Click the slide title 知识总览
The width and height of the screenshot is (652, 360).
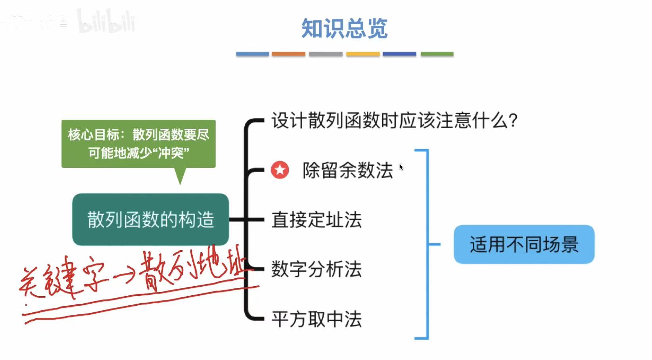tap(344, 29)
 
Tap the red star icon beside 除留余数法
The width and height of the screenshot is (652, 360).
tap(280, 170)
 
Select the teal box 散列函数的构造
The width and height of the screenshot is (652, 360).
tap(150, 219)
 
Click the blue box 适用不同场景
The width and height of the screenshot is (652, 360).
tap(524, 244)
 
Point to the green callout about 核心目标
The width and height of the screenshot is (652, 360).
tap(138, 144)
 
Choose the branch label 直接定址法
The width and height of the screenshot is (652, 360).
tap(316, 220)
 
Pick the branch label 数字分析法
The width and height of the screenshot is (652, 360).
tap(316, 269)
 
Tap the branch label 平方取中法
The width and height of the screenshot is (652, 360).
tap(316, 319)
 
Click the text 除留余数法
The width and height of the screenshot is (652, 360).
tap(347, 170)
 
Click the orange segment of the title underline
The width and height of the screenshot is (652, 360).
tap(288, 54)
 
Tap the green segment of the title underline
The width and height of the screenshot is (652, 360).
tap(437, 54)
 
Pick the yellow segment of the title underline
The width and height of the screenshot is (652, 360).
tap(362, 54)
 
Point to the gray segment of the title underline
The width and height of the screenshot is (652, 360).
tap(326, 54)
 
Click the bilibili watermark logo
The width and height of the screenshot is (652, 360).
tap(106, 21)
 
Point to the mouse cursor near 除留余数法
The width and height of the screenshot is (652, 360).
tap(401, 167)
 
